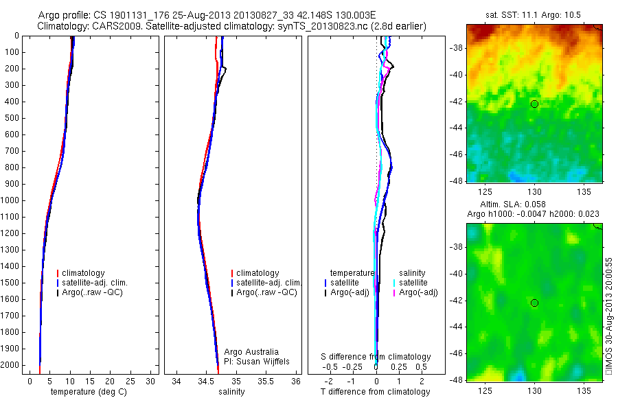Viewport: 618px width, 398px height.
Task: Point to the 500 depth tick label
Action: point(11,118)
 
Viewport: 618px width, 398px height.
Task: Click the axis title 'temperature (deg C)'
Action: point(86,392)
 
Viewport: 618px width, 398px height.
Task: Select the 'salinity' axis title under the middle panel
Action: point(231,392)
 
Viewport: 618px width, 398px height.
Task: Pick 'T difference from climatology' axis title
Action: point(375,392)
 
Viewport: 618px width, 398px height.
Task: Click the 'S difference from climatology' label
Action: point(376,357)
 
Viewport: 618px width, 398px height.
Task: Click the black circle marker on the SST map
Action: point(534,104)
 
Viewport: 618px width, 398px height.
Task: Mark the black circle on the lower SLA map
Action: point(534,303)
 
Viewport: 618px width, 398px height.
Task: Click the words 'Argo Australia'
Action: point(251,352)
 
